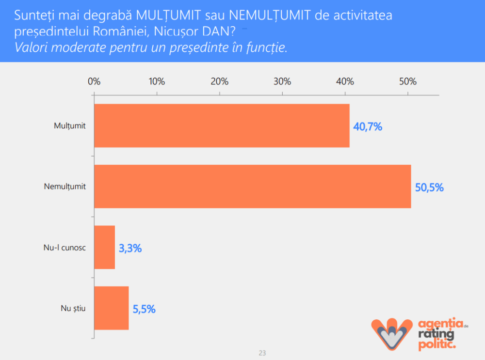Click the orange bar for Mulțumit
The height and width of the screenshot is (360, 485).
point(222,125)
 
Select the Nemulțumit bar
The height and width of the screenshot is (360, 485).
point(252,187)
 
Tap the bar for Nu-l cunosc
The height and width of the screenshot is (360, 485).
point(104,247)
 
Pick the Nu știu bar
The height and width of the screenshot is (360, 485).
point(111,308)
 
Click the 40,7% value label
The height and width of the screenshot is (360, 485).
point(368,127)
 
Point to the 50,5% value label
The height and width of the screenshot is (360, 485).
point(429,188)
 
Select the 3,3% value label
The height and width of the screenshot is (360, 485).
point(130,249)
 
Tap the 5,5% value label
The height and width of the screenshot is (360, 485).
point(144,309)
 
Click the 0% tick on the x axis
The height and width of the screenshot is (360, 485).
point(94,81)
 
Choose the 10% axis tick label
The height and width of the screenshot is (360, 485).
point(157,81)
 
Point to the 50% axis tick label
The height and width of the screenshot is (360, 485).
point(408,81)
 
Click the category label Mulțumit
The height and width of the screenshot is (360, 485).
point(70,126)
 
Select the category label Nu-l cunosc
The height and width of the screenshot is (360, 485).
point(65,248)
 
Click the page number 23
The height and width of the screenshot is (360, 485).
point(262,353)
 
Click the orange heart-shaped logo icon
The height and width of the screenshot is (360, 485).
point(392,333)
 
